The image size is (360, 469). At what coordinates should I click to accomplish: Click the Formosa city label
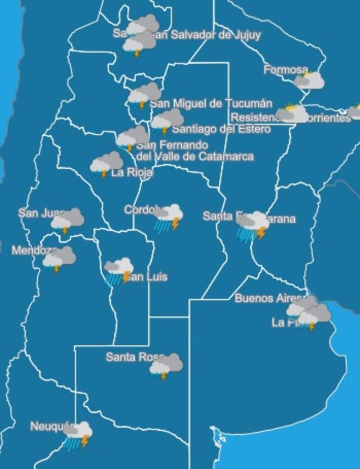(285, 70)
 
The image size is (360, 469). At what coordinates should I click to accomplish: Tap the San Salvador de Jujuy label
(207, 35)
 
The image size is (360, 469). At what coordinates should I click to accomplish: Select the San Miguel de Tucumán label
(211, 104)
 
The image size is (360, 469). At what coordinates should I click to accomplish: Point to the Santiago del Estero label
(221, 129)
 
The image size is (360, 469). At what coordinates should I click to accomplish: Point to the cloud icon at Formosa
(309, 80)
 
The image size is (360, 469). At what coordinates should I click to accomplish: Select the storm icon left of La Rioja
(106, 164)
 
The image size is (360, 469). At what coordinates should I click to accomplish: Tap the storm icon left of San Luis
(118, 271)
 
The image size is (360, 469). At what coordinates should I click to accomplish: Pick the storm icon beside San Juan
(67, 221)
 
